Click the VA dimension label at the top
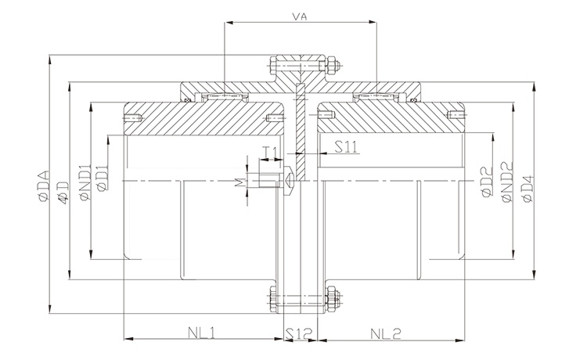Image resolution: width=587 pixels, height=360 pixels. (x=298, y=16)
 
